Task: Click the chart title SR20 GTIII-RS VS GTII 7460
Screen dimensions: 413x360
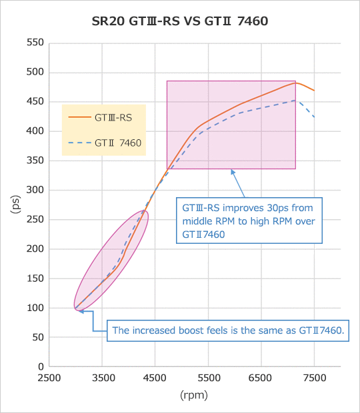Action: coord(180,21)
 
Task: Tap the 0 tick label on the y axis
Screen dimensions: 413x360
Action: coord(41,366)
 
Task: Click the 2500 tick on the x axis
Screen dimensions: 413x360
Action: coord(49,378)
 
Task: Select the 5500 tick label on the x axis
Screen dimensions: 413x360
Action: coord(208,378)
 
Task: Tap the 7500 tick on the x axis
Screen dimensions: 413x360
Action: coord(314,378)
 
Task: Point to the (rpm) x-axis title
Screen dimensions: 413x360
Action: coord(194,395)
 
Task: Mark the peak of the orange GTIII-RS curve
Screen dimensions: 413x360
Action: coord(295,83)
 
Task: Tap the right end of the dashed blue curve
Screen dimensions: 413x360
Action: coord(314,117)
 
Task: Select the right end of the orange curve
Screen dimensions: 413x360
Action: coord(314,91)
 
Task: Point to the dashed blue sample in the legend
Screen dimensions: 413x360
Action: coord(79,143)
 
